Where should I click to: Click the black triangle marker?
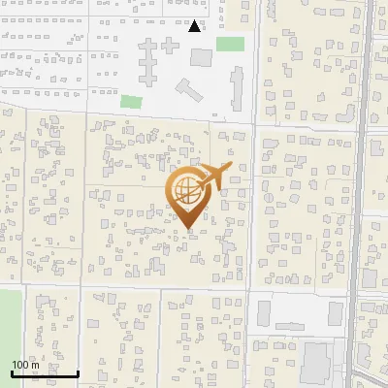195,26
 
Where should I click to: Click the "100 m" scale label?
26,365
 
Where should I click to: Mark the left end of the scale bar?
13,373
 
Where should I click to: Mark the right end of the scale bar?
79,373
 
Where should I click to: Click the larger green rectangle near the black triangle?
230,44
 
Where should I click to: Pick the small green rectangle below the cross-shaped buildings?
131,101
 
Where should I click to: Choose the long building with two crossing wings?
147,61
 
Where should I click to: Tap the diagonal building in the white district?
188,91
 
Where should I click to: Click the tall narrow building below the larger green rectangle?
237,90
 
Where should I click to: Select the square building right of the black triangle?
200,57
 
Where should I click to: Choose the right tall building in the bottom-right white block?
336,313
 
